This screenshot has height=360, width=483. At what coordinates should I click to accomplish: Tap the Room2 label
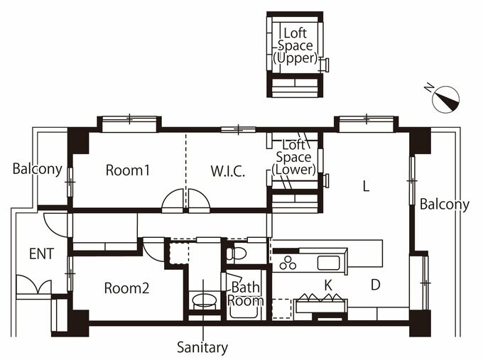coord(126,288)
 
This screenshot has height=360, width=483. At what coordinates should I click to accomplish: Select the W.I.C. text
coord(227,171)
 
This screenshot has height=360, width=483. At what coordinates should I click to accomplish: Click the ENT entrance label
coord(41,253)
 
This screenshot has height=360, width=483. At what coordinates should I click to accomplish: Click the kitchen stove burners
coord(288,263)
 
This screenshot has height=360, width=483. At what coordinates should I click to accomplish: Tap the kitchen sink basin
coord(328,263)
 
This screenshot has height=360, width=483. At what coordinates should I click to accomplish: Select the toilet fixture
coord(237,253)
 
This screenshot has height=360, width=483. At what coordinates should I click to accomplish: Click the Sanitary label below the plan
coord(202,348)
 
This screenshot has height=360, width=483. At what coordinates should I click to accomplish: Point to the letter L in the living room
coord(365,187)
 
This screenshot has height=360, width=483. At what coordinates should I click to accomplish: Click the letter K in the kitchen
coord(328,285)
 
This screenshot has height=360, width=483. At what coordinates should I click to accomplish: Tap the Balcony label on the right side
coord(444,204)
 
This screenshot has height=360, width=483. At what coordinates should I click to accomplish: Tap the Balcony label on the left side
coord(37,170)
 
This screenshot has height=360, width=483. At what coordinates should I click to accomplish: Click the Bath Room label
coord(246,293)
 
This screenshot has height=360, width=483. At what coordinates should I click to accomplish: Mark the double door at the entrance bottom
coord(33,287)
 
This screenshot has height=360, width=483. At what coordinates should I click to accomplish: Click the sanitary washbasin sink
coord(204,300)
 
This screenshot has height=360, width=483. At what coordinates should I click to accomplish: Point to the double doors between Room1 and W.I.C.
coord(185,202)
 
